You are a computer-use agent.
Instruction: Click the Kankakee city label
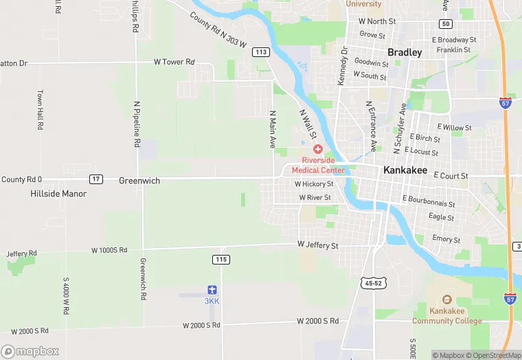[x=405, y=170]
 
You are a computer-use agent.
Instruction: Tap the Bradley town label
[x=405, y=52]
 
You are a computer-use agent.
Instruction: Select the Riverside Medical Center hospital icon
[x=318, y=149]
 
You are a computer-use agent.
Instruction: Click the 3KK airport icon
[x=213, y=291]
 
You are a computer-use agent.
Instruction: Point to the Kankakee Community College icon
[x=446, y=300]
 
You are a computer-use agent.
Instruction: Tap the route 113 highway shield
[x=260, y=52]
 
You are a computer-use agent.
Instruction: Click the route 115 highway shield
[x=221, y=259]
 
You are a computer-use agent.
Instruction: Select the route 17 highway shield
[x=96, y=179]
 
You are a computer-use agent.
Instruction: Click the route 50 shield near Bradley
[x=446, y=24]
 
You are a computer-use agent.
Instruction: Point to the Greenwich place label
[x=139, y=181]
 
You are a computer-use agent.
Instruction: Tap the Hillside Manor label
[x=58, y=194]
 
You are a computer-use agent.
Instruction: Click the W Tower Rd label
[x=174, y=62]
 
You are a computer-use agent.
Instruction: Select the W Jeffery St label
[x=318, y=245]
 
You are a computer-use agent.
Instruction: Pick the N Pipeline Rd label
[x=137, y=124]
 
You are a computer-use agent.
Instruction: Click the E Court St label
[x=451, y=176]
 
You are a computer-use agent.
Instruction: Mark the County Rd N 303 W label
[x=218, y=30]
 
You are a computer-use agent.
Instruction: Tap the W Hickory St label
[x=314, y=184]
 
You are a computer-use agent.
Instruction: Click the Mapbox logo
[x=30, y=351]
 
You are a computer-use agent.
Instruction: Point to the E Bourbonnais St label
[x=429, y=201]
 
